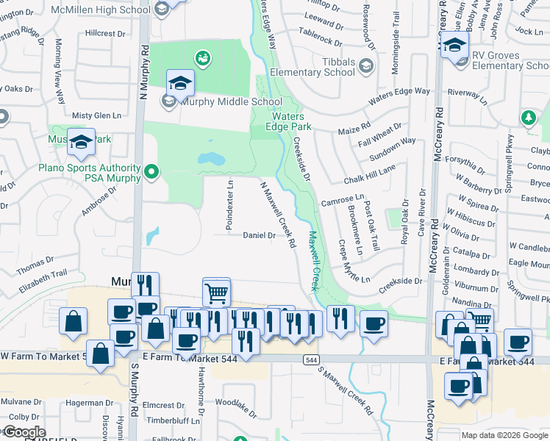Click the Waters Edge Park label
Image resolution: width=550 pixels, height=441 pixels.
pyautogui.click(x=292, y=121)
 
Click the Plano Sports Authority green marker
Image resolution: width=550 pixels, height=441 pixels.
pyautogui.click(x=152, y=173)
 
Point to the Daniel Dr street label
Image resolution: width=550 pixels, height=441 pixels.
pyautogui.click(x=259, y=235)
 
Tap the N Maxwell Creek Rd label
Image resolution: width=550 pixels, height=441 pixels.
pyautogui.click(x=278, y=213)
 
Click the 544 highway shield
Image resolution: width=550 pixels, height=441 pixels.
pyautogui.click(x=312, y=359)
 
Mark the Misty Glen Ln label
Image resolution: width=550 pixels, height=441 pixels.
pyautogui.click(x=96, y=116)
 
